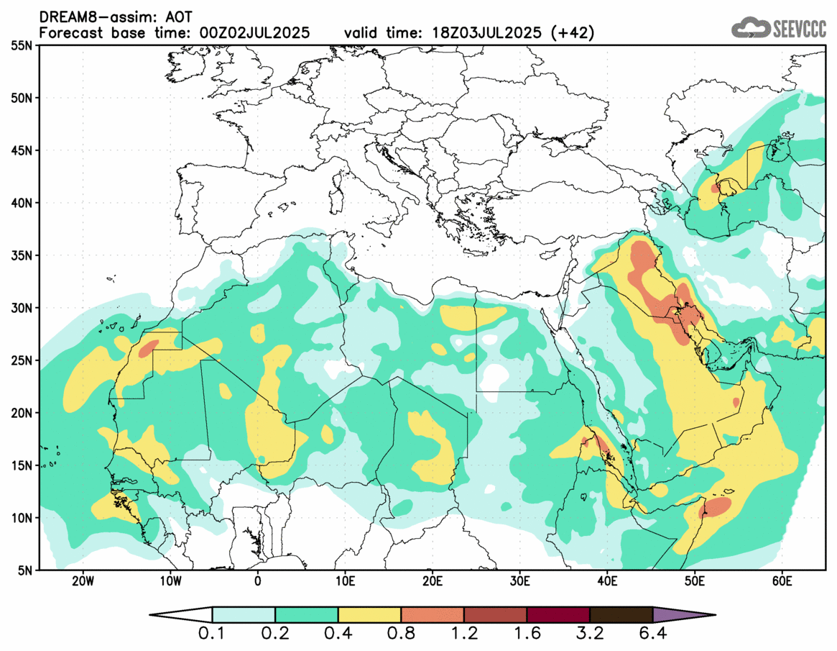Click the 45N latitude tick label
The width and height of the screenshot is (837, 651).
click(x=22, y=150)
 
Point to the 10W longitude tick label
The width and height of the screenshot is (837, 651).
click(x=170, y=581)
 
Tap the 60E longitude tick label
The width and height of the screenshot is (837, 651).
click(x=782, y=581)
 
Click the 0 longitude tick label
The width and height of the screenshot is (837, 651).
click(x=258, y=581)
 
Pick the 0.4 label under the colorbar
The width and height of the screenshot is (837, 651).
click(x=338, y=634)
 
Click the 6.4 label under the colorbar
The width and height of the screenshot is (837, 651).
click(x=652, y=634)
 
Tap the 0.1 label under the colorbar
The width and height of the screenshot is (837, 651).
click(x=213, y=634)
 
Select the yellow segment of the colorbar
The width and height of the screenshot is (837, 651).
click(x=369, y=615)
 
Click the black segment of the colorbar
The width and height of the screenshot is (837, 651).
click(x=621, y=615)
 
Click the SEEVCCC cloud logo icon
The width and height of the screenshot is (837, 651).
click(x=750, y=28)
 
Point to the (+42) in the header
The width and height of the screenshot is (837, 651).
click(x=571, y=33)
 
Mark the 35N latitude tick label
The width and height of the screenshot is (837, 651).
click(x=22, y=255)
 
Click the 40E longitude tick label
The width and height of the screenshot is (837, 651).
click(x=607, y=581)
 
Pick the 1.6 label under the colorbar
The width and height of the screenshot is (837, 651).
click(x=527, y=634)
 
